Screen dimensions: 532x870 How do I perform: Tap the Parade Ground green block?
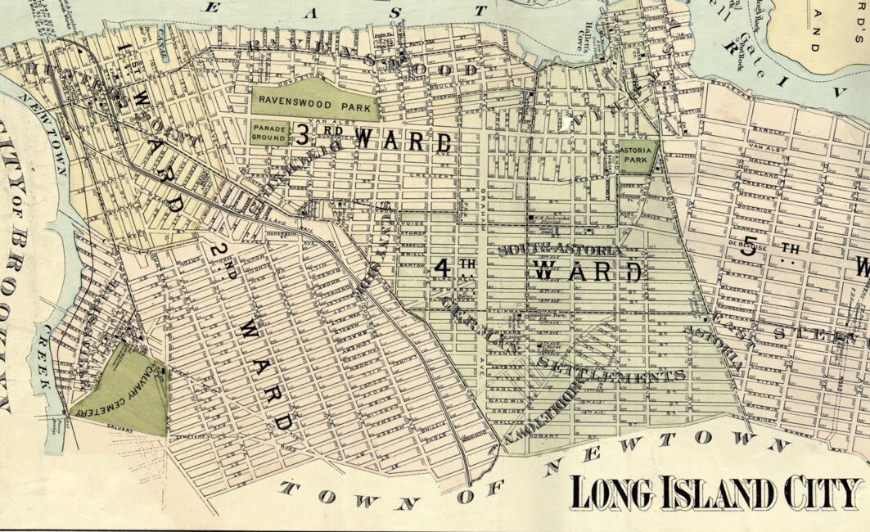[x=269, y=133]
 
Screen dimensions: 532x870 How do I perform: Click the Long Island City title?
[x=716, y=493]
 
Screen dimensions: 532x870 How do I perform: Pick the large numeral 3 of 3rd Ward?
[x=302, y=136]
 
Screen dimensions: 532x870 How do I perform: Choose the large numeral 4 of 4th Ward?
[x=443, y=268]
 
